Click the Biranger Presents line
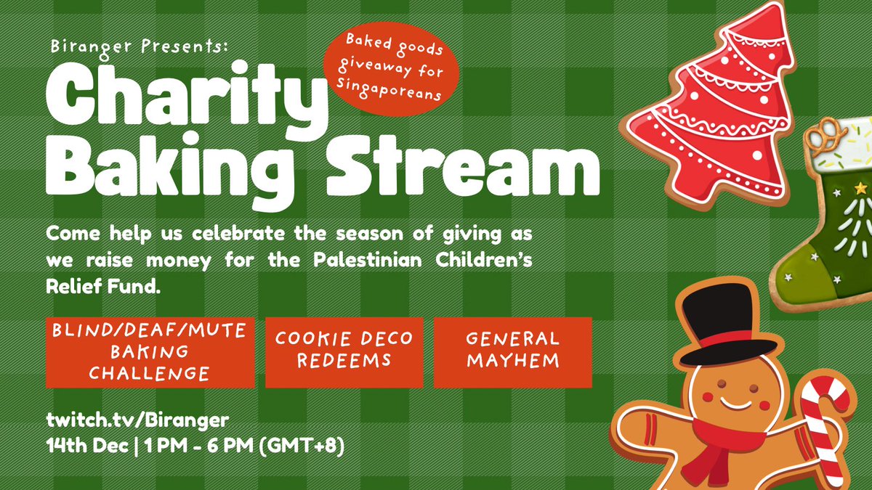140,46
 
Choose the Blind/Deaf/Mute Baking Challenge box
150,352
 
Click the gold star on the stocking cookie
861,189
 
